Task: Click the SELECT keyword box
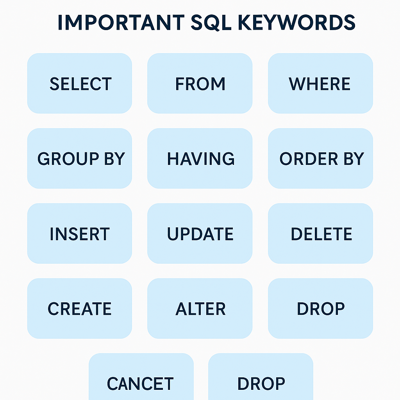pos(80,84)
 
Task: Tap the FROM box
pos(200,84)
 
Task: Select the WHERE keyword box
pos(320,84)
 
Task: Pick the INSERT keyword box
pos(80,234)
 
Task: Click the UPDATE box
pos(200,234)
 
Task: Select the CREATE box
pos(80,309)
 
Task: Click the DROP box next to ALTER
pos(320,309)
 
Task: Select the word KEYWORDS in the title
pos(297,23)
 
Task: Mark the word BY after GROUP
pos(114,159)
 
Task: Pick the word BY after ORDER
pos(353,159)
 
